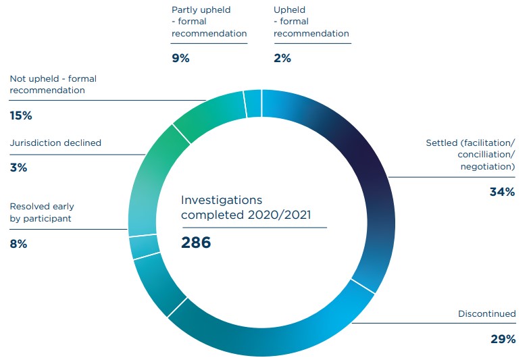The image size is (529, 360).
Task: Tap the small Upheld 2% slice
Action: [253, 104]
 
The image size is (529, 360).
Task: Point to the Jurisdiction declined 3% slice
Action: [144, 246]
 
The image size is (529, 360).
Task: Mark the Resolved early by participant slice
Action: [159, 284]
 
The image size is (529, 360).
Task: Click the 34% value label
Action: [503, 192]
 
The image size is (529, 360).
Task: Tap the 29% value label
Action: [503, 338]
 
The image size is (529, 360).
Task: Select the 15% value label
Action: [20, 115]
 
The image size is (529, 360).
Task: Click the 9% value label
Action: [180, 58]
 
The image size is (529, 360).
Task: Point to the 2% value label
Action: [282, 58]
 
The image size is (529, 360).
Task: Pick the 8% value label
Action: [18, 245]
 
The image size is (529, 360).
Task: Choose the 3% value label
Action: [18, 168]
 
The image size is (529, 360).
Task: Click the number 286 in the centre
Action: [196, 242]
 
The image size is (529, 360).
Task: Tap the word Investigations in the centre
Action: [222, 201]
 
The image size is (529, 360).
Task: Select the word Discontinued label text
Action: [486, 314]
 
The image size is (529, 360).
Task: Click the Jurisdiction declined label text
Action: [55, 143]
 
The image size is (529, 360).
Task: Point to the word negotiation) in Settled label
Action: [488, 166]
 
